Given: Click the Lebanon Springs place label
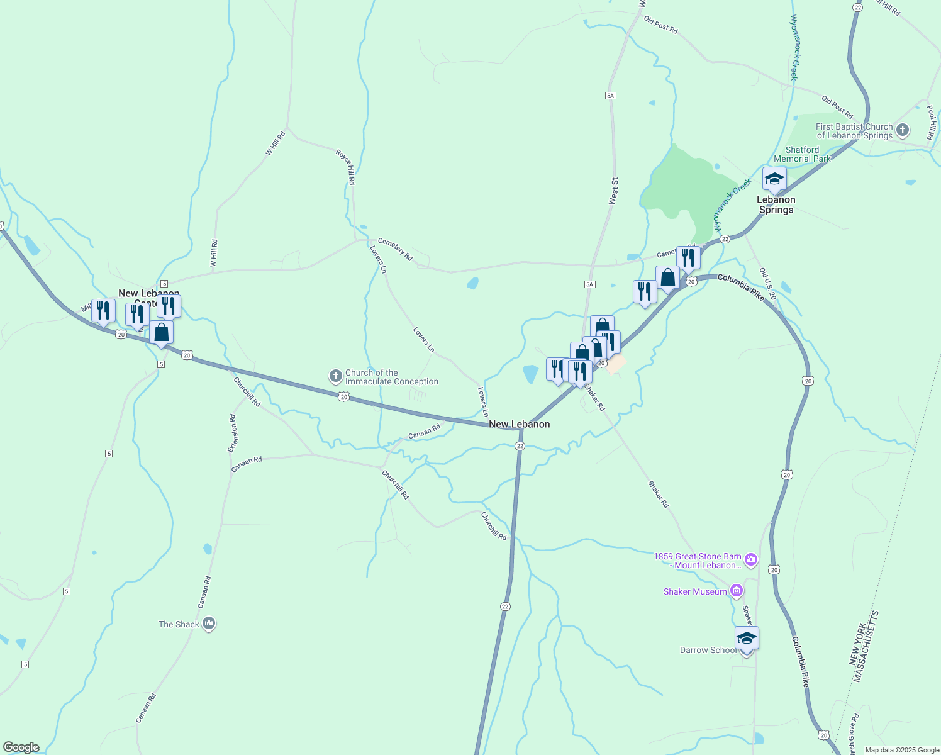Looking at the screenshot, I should [776, 204].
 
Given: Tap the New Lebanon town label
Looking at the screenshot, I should [519, 424].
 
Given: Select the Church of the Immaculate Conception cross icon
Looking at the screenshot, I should [336, 377].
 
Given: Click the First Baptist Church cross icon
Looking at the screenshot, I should [903, 130].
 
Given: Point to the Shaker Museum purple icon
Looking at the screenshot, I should [737, 591].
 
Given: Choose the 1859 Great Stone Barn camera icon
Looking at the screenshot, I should [750, 559].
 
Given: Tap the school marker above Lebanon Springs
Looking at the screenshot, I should [774, 179].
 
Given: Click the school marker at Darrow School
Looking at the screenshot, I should [747, 639].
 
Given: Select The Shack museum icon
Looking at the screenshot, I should [209, 624].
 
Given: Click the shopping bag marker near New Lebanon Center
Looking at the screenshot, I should [162, 332].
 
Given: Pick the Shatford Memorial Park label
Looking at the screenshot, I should [802, 154].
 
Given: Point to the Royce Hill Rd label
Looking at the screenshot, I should [345, 167].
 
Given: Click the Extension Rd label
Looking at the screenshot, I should [233, 433].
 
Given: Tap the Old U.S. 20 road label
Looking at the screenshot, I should [768, 284].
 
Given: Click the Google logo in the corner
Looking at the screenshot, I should [21, 747].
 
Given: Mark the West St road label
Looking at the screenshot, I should [613, 191].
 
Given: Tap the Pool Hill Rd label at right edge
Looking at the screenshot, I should [930, 123].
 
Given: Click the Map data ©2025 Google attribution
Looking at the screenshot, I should [902, 750].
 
